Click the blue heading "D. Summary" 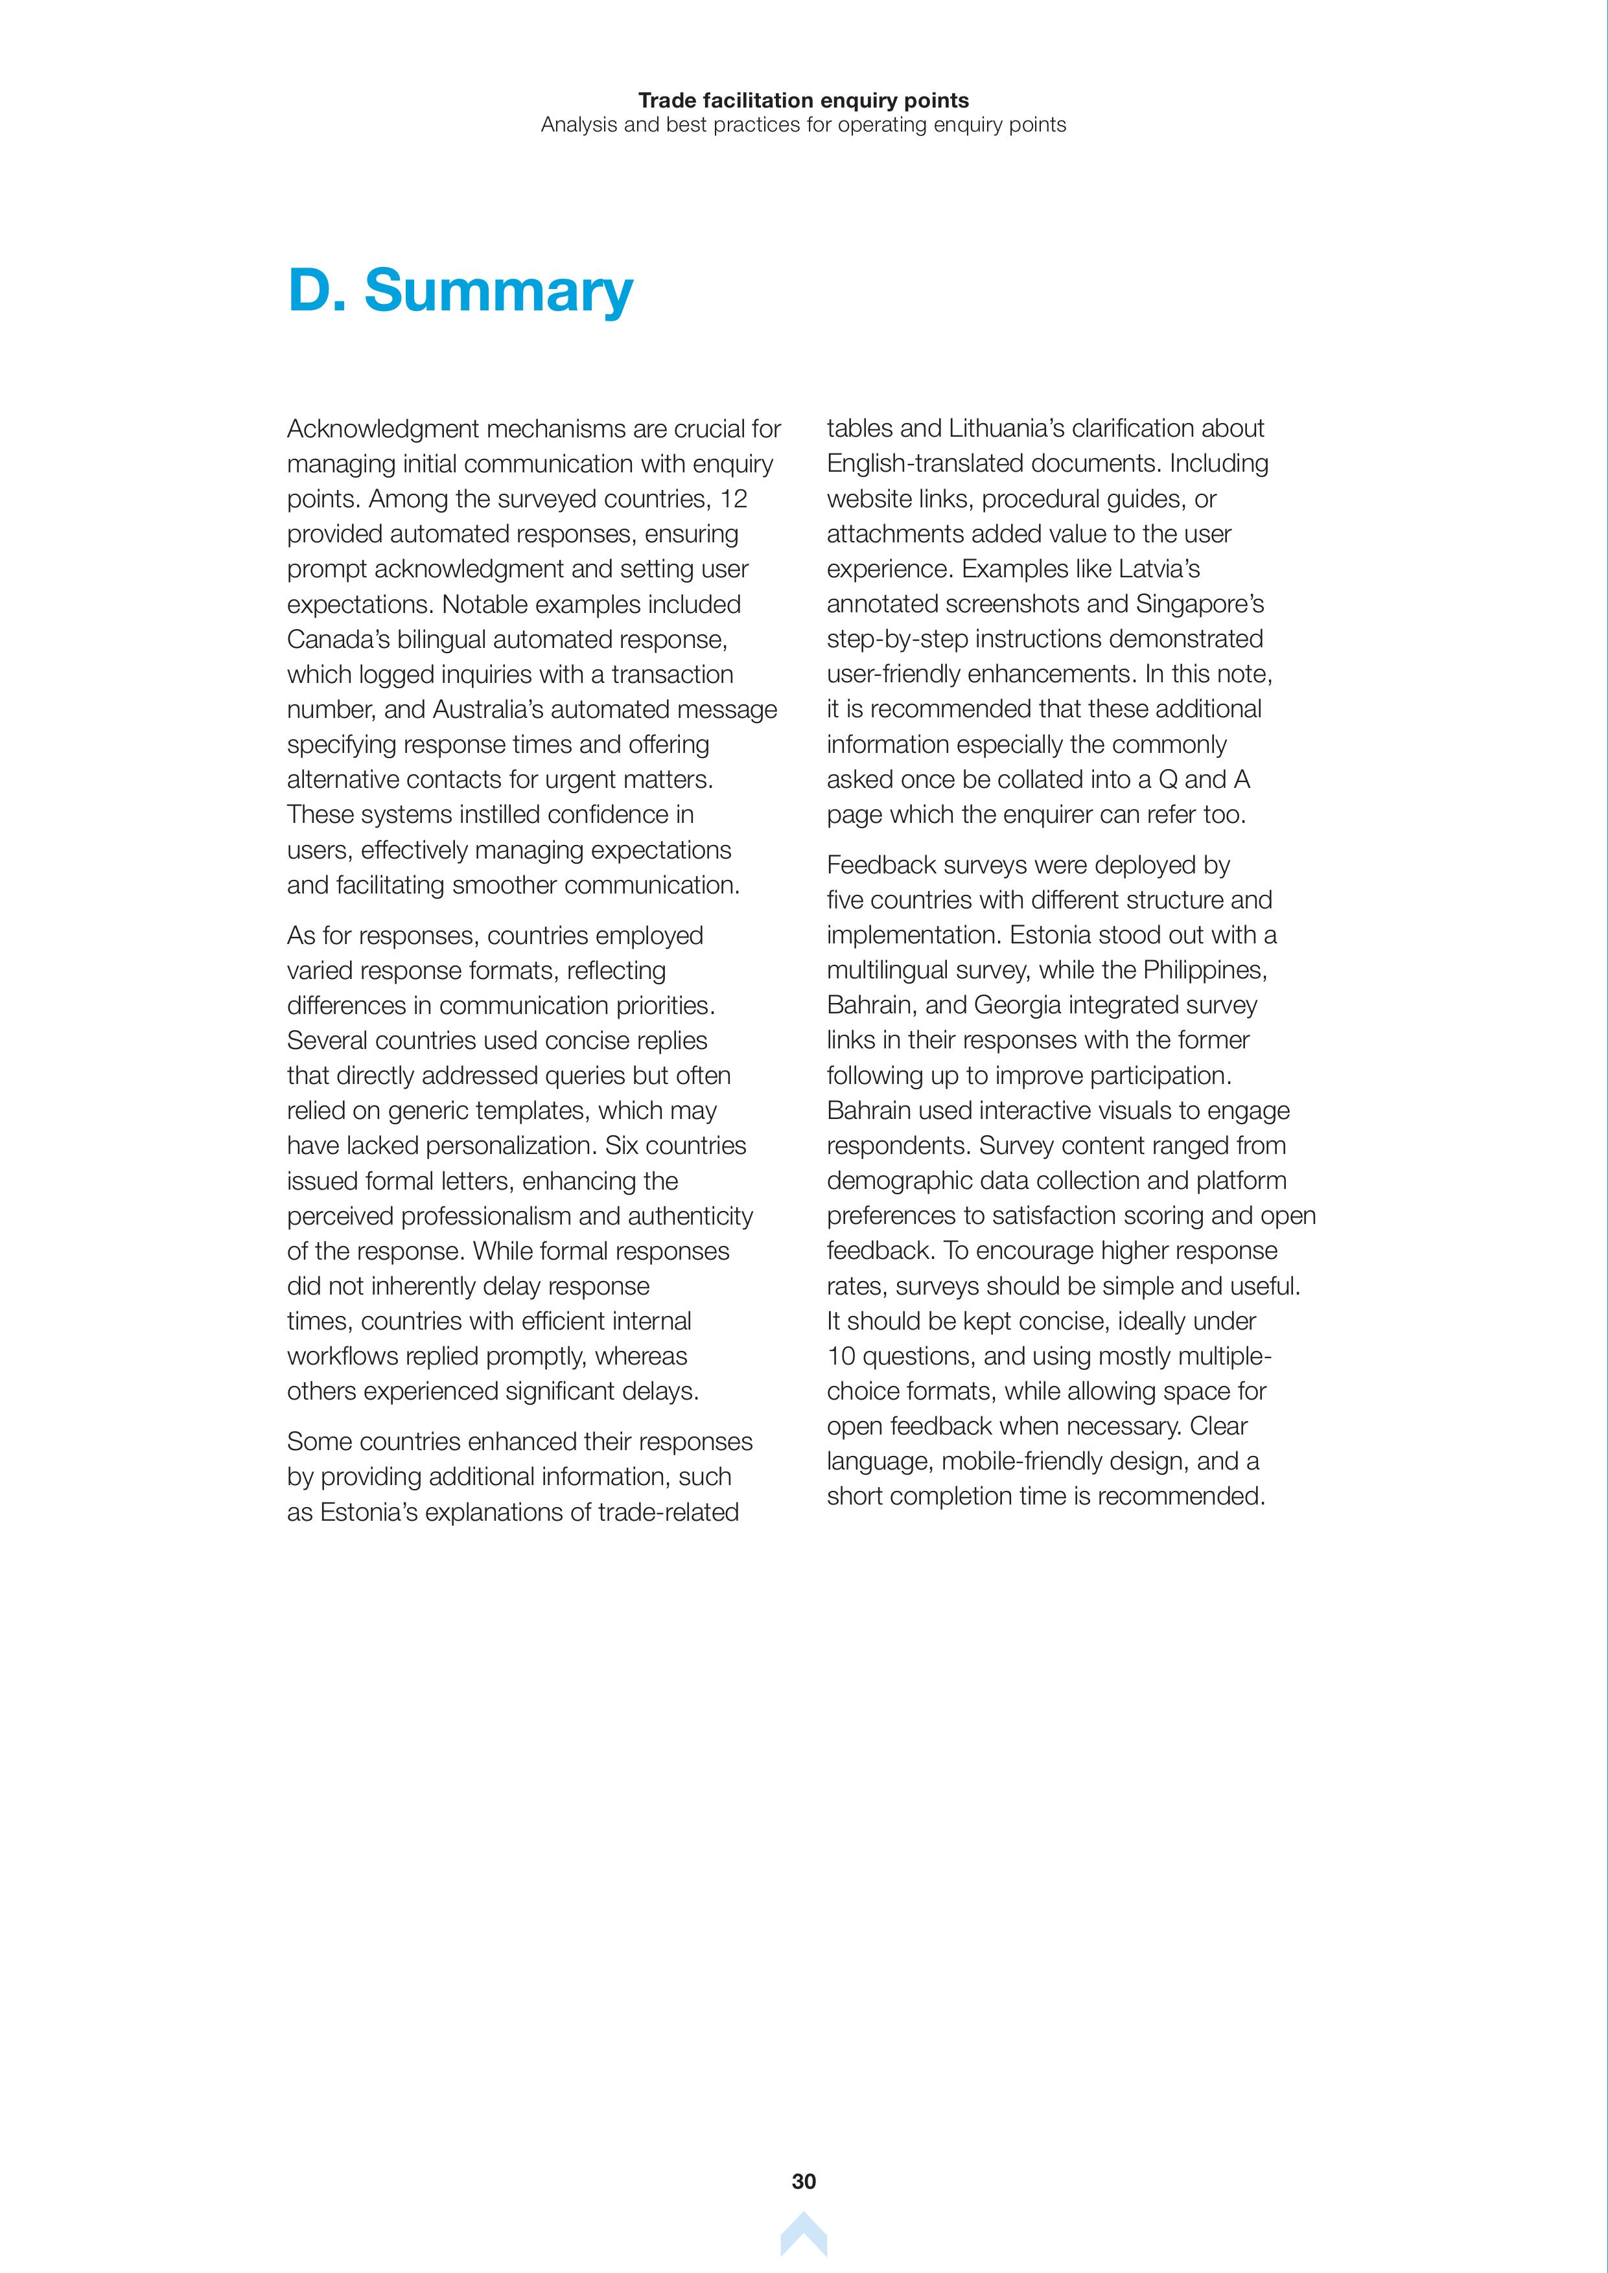click(460, 291)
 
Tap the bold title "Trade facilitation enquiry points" click(803, 100)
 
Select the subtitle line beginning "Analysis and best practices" click(803, 125)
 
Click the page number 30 click(803, 2181)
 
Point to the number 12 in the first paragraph click(733, 499)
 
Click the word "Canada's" click(338, 640)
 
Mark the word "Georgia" click(1017, 1006)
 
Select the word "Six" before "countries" click(622, 1146)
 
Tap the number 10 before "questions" click(841, 1356)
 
